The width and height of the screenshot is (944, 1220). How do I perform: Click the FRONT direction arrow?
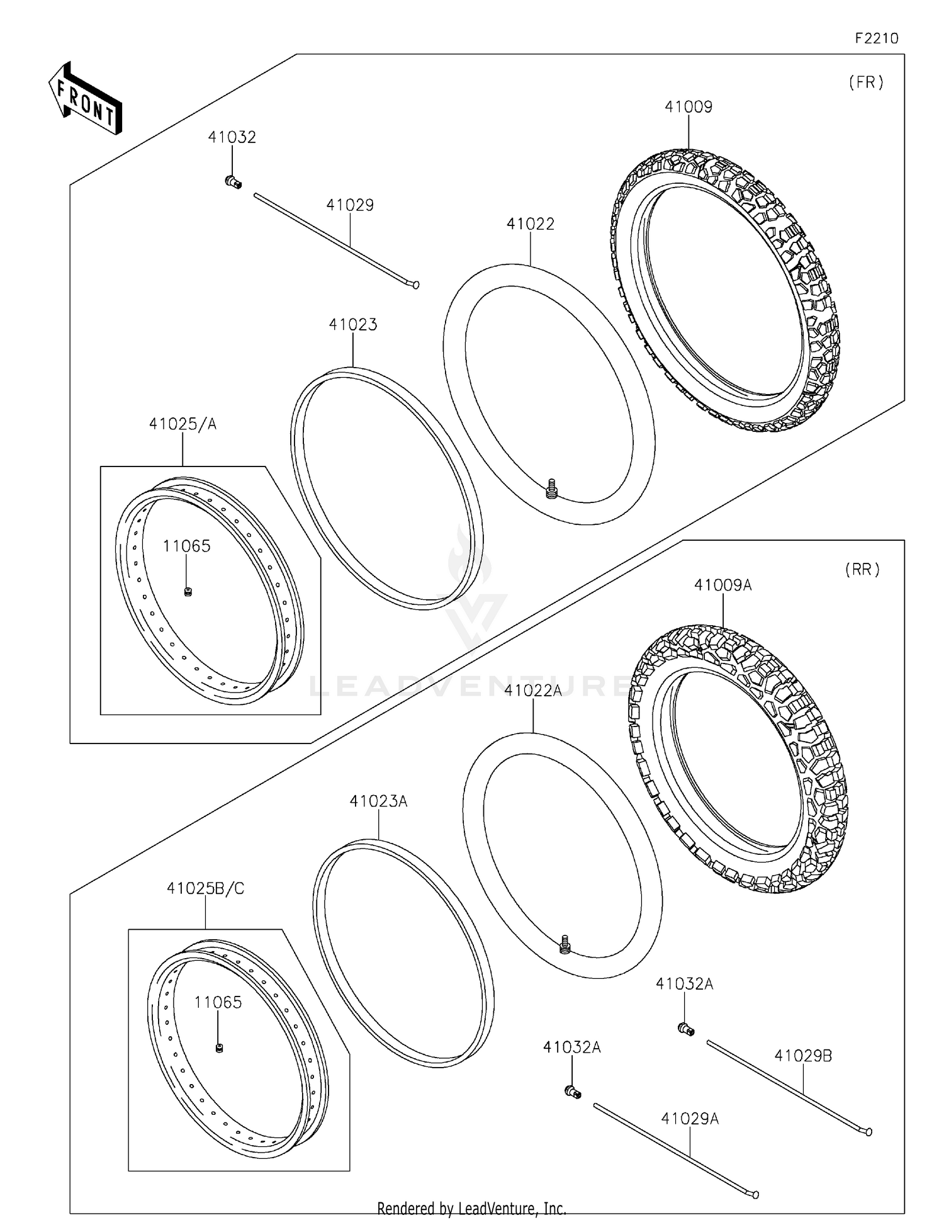[85, 99]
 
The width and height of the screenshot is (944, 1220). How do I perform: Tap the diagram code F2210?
[876, 38]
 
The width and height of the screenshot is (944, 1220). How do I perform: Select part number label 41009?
[688, 107]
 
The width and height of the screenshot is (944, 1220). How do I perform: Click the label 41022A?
[532, 691]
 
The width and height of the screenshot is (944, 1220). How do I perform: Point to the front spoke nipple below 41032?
[233, 183]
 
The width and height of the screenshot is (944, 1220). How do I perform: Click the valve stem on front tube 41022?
[552, 488]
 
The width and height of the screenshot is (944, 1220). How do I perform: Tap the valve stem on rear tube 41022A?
[565, 944]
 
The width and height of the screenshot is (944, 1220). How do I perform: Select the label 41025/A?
[183, 424]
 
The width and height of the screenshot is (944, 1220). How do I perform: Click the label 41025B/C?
[205, 888]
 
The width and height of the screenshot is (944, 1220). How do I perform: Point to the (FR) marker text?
[866, 82]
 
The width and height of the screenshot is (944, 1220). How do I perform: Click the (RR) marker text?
[862, 570]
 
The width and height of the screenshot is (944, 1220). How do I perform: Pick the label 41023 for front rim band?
[352, 325]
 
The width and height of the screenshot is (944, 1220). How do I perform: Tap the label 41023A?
[378, 801]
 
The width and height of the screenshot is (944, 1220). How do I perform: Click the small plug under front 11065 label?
[188, 591]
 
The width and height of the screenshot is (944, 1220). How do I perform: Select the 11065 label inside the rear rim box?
[218, 1002]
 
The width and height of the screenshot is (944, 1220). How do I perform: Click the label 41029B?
[803, 1056]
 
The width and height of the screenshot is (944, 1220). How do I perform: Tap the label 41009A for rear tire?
[722, 585]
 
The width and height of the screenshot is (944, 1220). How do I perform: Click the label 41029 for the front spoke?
[350, 205]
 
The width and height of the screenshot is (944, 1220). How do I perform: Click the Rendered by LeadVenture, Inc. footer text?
[471, 1208]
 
